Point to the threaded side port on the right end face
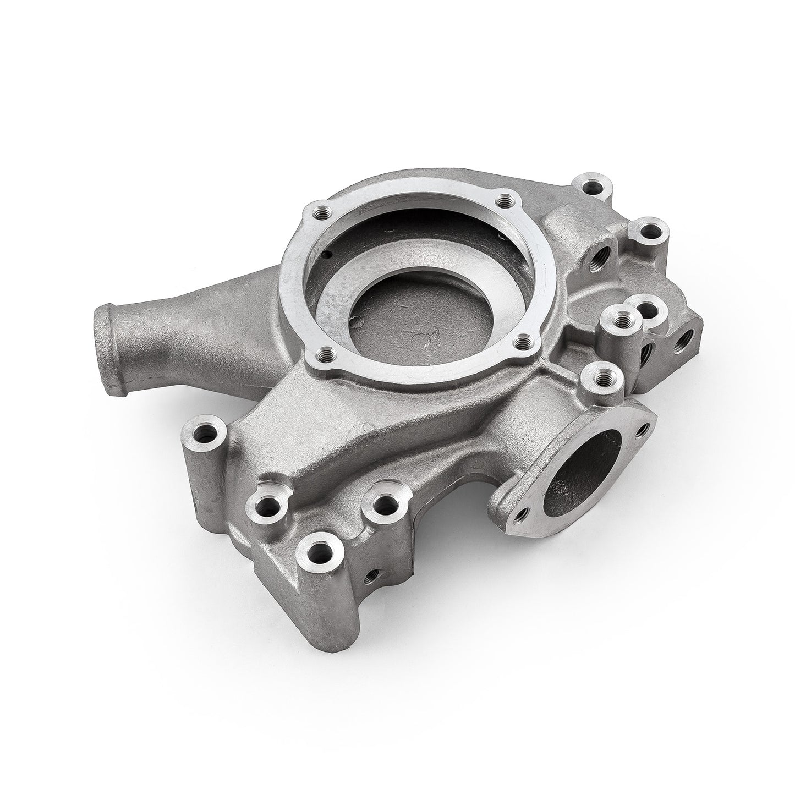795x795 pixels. pos(686,341)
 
